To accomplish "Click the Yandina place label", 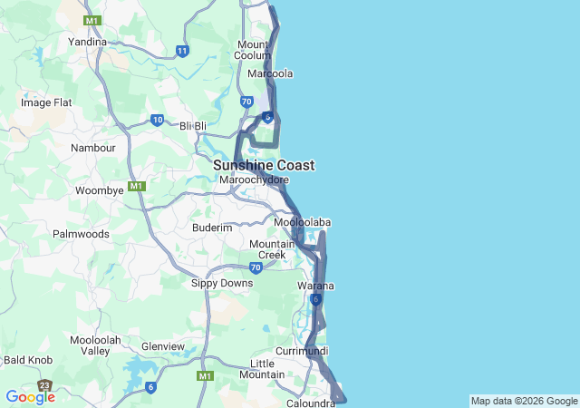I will [88, 42].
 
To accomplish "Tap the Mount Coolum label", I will [254, 50].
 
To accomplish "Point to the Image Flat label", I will [46, 102].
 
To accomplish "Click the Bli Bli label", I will [194, 125].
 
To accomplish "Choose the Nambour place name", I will [93, 148].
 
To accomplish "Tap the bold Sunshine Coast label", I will [264, 166].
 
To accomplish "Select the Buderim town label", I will [212, 228].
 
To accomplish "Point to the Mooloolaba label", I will [302, 222].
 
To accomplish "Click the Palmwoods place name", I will [81, 234].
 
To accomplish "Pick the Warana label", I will [315, 287].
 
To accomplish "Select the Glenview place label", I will [163, 346].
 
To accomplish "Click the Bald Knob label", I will [28, 360].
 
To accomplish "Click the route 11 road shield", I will [183, 51].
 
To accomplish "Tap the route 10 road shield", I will [158, 120].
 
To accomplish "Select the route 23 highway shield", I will [44, 385].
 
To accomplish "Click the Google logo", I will [30, 397].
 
